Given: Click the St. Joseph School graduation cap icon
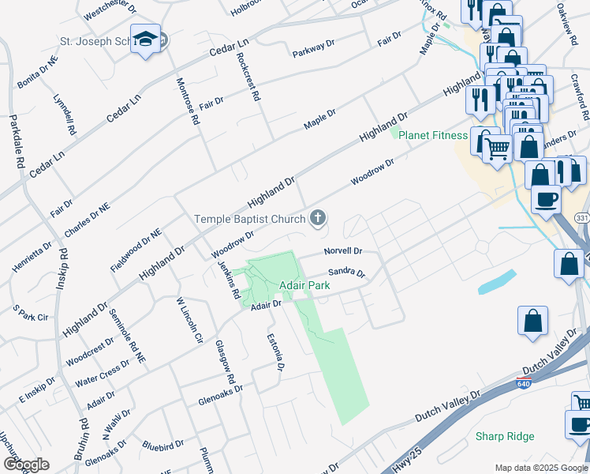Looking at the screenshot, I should (x=146, y=39).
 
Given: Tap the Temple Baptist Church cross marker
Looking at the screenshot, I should (x=318, y=218).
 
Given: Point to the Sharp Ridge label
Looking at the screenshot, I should (x=505, y=436).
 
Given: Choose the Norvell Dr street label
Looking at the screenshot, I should (x=342, y=251).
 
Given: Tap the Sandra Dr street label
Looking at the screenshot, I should (x=347, y=273).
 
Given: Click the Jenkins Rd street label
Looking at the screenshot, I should (x=230, y=280).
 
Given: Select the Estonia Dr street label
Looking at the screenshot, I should (x=277, y=352).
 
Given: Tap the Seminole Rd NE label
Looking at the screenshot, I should (x=126, y=335).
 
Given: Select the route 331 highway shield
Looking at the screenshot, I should (x=582, y=217).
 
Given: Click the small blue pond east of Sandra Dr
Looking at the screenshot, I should (x=497, y=282).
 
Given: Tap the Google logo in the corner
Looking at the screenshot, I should (x=27, y=465).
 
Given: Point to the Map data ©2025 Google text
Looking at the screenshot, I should (x=540, y=467).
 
